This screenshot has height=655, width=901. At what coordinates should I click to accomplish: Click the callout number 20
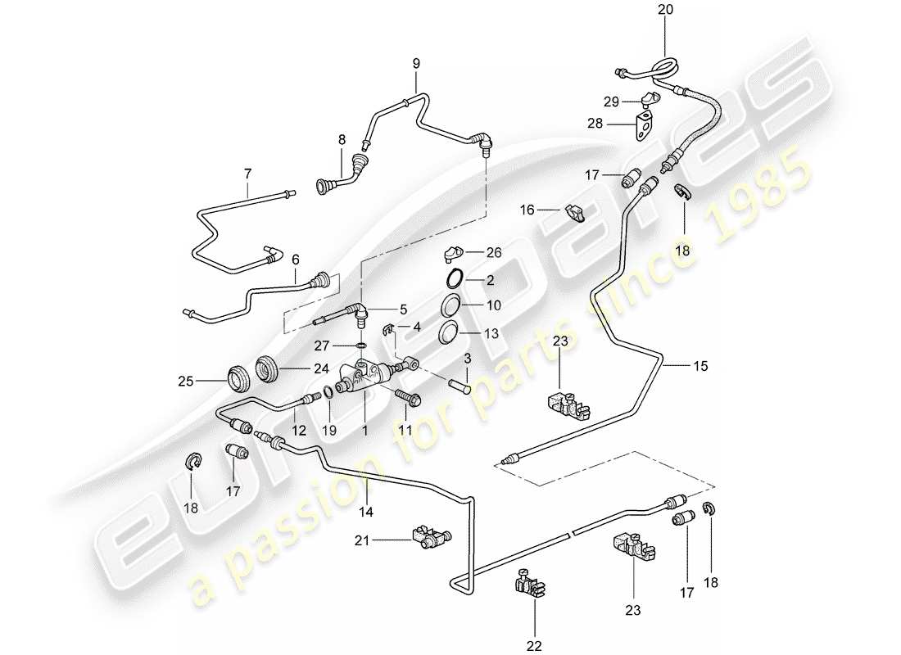click(663, 11)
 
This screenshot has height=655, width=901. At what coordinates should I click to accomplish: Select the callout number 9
click(415, 63)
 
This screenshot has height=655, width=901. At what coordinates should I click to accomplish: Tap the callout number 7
click(247, 174)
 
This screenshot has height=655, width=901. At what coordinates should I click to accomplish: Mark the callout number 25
click(185, 380)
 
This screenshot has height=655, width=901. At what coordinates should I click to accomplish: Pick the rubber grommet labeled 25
click(240, 381)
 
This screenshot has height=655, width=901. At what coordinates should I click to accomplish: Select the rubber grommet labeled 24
click(268, 368)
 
